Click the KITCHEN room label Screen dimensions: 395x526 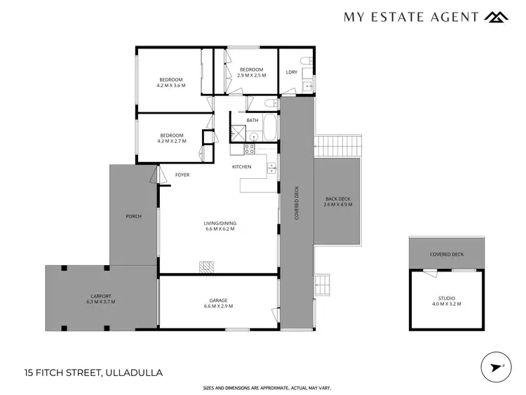tap(242, 166)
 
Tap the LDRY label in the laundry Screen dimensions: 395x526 tap(292, 72)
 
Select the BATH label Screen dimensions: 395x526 tap(252, 120)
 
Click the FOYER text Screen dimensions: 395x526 tap(182, 175)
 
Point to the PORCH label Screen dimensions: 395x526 tap(133, 216)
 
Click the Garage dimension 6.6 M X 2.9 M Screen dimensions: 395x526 tap(218, 306)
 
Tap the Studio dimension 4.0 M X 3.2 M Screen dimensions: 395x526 tap(447, 304)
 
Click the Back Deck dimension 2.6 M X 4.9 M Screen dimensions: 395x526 tap(339, 204)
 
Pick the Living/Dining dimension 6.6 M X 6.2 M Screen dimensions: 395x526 tap(220, 229)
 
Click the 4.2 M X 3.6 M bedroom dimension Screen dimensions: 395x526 tap(171, 86)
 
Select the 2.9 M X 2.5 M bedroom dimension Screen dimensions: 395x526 tap(251, 75)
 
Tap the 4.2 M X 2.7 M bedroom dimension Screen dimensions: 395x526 tap(171, 141)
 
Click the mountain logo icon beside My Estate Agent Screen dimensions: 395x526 tap(497, 17)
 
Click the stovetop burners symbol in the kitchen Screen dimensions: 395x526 tap(248, 149)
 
